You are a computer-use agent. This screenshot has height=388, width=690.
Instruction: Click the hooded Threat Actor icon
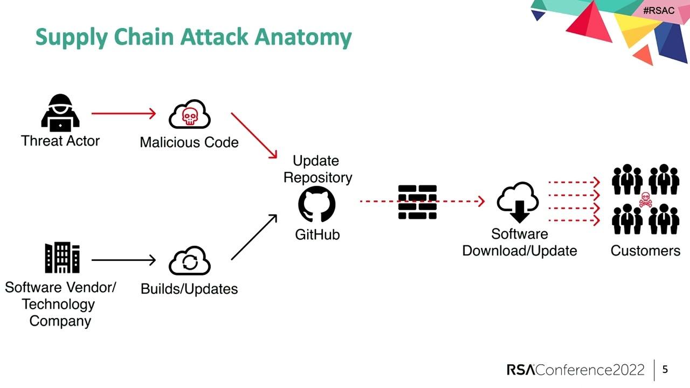[x=60, y=114]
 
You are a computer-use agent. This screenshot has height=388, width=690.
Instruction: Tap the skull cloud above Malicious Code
[x=189, y=114]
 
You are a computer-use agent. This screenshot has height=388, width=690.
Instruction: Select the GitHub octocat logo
[x=317, y=204]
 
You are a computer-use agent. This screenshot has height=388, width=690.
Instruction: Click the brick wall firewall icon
[x=417, y=202]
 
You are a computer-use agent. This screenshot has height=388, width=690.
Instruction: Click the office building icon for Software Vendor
[x=63, y=258]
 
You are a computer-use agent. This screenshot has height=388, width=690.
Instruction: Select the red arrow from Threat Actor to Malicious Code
[x=123, y=114]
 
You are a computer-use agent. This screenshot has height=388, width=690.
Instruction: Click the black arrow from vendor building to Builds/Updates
[x=123, y=260]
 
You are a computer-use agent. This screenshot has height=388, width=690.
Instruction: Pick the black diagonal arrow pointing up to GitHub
[x=254, y=237]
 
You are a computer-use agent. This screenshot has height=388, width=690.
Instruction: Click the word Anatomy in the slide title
[x=303, y=37]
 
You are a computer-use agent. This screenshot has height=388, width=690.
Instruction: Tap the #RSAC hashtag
[x=658, y=11]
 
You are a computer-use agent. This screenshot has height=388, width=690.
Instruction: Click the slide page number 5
[x=665, y=370]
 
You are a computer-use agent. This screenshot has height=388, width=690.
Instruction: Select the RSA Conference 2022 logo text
[x=575, y=370]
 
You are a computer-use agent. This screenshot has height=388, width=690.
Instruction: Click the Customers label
[x=645, y=251]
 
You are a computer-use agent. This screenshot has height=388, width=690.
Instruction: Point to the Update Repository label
[x=318, y=169]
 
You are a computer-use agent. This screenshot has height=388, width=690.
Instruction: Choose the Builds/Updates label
[x=189, y=289]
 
